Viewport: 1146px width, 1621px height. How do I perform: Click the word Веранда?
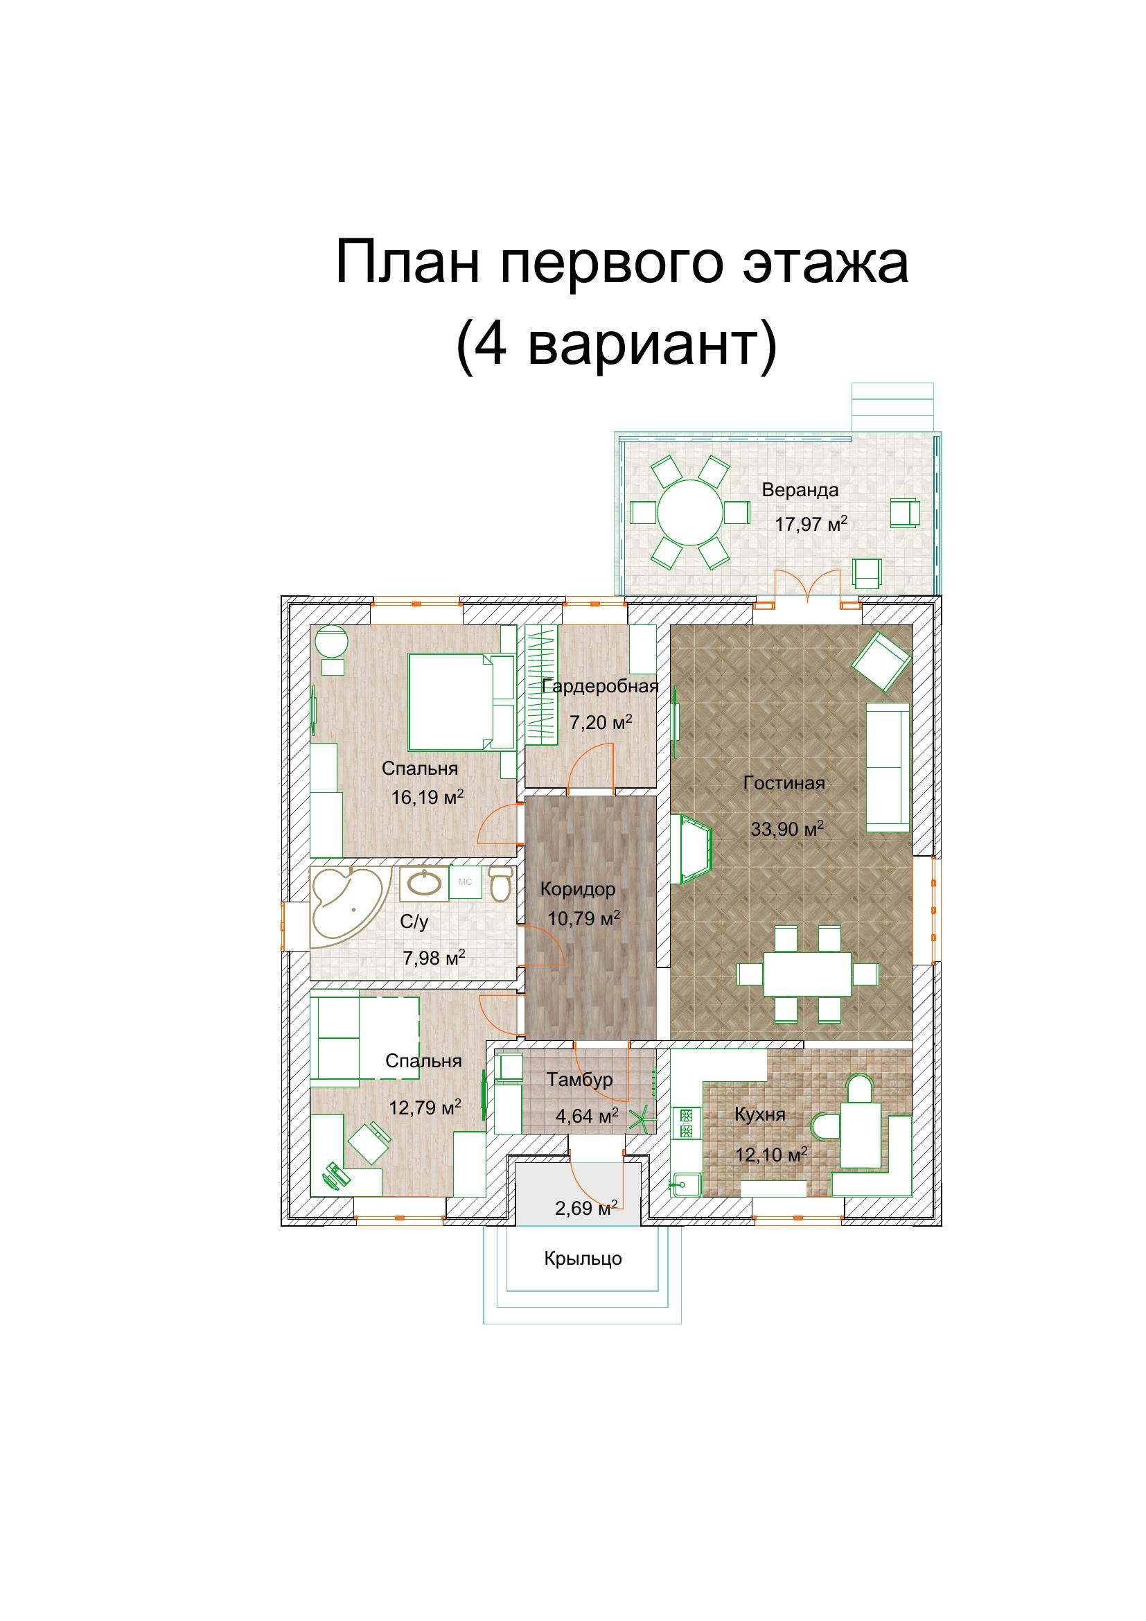(x=800, y=490)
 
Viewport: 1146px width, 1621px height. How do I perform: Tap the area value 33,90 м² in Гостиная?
(x=787, y=828)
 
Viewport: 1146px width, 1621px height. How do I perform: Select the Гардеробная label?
(x=601, y=686)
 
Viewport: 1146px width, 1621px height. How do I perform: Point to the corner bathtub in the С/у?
(x=349, y=907)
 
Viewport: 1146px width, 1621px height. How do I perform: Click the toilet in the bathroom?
(x=500, y=884)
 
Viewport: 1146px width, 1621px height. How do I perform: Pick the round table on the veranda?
(x=690, y=512)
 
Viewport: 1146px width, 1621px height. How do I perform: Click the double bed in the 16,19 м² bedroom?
(x=451, y=703)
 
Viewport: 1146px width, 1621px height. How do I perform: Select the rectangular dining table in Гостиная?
(x=807, y=974)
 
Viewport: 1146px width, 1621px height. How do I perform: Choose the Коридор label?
(x=577, y=890)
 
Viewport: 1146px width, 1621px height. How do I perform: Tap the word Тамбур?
(x=579, y=1080)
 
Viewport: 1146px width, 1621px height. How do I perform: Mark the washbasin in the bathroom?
(x=424, y=883)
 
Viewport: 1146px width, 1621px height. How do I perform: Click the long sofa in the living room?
(x=888, y=766)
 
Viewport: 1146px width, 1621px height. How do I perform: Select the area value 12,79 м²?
(x=425, y=1107)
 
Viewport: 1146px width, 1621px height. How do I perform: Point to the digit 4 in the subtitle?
(x=490, y=345)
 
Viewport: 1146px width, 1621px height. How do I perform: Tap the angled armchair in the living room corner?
(x=881, y=661)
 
